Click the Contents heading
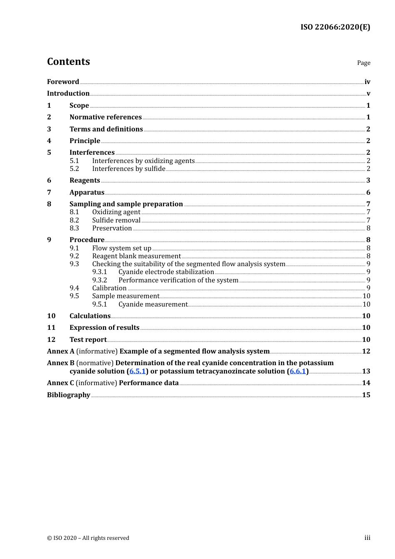[x=68, y=62]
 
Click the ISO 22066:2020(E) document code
[x=335, y=27]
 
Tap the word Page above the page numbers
[x=363, y=63]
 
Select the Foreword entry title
[x=63, y=82]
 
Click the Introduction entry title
[x=68, y=94]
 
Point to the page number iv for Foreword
[x=367, y=82]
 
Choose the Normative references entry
[x=106, y=117]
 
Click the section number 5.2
[x=74, y=169]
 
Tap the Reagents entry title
[x=85, y=181]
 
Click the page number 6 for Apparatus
[x=368, y=193]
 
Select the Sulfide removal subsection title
[x=116, y=220]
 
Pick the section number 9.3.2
[x=99, y=280]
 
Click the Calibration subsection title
[x=109, y=288]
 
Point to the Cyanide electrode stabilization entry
[x=166, y=272]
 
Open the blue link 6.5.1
[x=138, y=371]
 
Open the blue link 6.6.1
[x=298, y=371]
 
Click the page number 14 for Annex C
[x=366, y=383]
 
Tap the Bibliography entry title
[x=69, y=395]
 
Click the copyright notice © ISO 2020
[x=88, y=538]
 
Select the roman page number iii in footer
[x=367, y=538]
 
